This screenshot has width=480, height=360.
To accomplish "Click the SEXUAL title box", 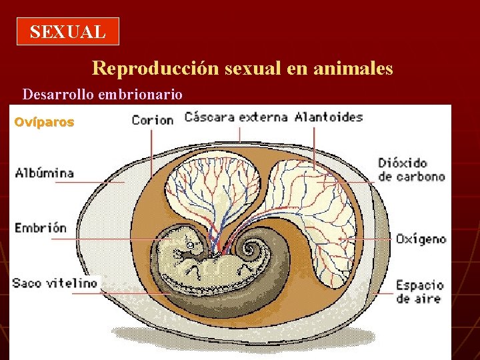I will (67, 31).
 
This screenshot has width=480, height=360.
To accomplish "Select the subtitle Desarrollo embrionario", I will (102, 94).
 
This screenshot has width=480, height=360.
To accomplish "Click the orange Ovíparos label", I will (45, 123).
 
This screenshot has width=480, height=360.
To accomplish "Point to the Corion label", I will (153, 120).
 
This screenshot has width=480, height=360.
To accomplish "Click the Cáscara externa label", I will (236, 117).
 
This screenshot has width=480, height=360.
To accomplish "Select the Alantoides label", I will (329, 117).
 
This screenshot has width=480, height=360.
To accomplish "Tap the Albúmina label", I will (45, 173).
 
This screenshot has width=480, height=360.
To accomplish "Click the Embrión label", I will (41, 227).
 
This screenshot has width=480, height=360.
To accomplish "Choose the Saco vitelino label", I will (55, 283).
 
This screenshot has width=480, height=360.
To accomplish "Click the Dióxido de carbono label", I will (411, 169).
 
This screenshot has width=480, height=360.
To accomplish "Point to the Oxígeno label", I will (421, 239).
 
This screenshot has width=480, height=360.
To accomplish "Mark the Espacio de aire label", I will (419, 291).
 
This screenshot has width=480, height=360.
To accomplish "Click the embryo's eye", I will (189, 246).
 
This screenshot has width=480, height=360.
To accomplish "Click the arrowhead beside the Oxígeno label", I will (341, 239).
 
